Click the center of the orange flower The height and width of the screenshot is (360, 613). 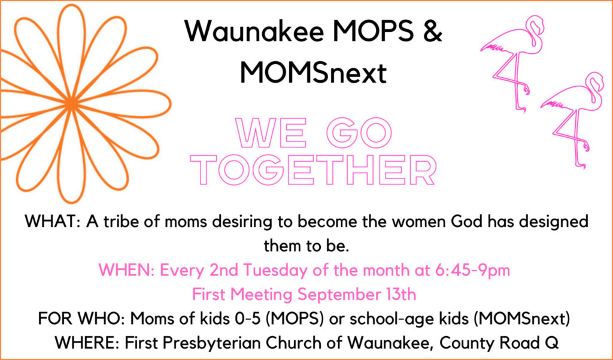click(71, 104)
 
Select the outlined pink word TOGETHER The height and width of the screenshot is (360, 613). click(315, 170)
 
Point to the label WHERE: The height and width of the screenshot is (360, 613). click(87, 343)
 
